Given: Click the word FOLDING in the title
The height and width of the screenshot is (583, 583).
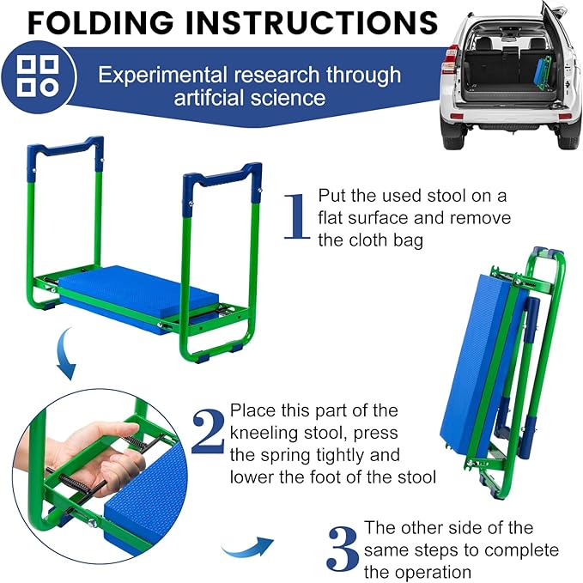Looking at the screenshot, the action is (100, 22).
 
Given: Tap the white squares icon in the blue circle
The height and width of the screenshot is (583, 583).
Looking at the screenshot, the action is (38, 76).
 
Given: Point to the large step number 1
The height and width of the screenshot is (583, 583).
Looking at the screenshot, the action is (296, 216).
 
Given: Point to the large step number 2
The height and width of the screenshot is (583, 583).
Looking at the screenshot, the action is (208, 431).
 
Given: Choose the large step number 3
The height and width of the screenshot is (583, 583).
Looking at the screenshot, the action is (343, 550).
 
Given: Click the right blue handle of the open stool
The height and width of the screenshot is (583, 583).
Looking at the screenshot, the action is (222, 183).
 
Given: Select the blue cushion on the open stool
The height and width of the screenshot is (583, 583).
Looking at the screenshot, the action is (138, 295).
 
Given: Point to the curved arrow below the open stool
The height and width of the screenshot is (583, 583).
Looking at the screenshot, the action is (65, 353).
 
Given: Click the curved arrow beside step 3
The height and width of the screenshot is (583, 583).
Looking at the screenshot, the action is (247, 548).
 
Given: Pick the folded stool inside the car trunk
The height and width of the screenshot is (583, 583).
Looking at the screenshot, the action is (542, 72).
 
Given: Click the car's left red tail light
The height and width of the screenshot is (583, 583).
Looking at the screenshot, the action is (450, 60).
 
